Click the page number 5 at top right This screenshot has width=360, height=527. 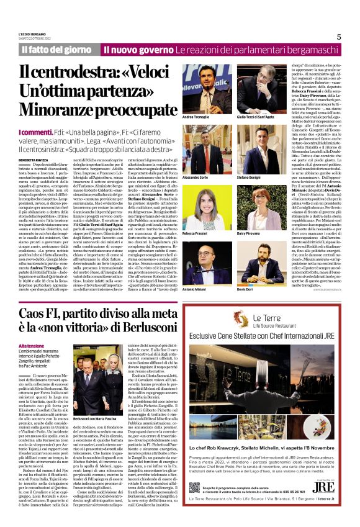point(339,37)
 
